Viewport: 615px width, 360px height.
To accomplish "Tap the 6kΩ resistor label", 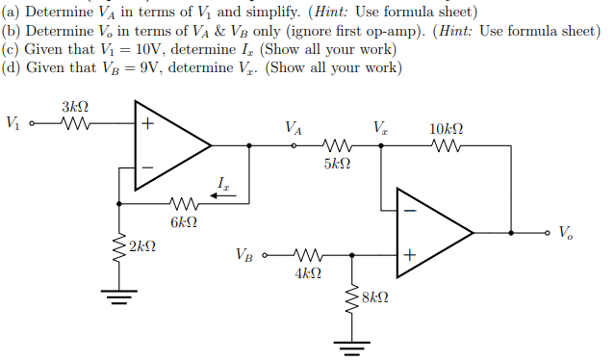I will click(184, 223).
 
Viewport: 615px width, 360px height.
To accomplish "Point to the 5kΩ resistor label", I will click(337, 166).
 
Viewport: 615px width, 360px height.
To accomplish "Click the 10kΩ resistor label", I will click(446, 128).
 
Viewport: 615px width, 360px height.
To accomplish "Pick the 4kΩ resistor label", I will click(307, 274).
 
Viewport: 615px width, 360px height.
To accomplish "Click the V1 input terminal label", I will click(13, 123).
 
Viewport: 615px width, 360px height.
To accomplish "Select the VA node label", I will click(294, 128).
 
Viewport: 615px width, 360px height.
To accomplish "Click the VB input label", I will click(245, 256).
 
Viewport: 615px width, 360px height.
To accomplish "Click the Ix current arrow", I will click(222, 192).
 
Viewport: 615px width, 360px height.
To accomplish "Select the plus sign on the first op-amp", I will click(147, 124).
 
